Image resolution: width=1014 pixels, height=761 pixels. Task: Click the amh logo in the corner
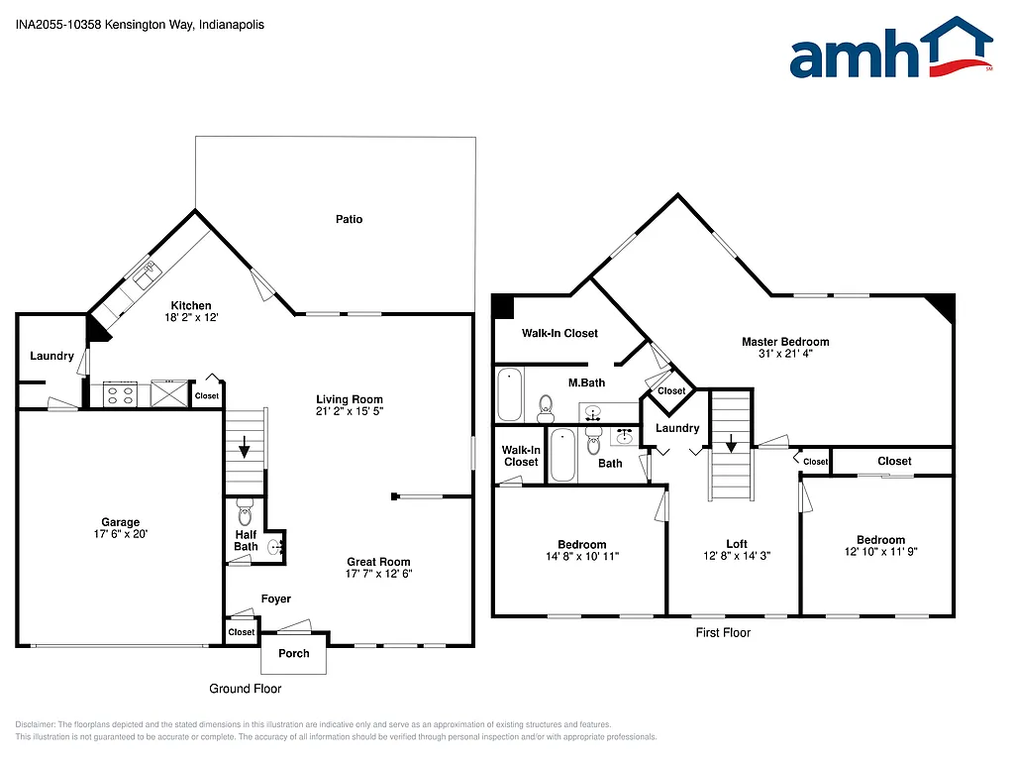[x=890, y=49]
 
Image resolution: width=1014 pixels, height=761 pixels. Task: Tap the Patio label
[x=349, y=219]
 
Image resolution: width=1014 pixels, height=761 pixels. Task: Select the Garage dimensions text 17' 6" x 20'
[x=121, y=534]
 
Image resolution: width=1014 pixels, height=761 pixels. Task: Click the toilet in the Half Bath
[x=245, y=514]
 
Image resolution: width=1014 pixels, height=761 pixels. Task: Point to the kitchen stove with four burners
[x=120, y=394]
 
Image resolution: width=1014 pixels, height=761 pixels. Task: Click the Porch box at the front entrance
[x=294, y=653]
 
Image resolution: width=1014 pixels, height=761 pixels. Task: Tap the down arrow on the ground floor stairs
[x=245, y=447]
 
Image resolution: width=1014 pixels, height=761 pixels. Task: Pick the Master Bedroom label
[x=785, y=342]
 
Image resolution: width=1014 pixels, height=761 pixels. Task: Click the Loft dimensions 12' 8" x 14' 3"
[x=736, y=556]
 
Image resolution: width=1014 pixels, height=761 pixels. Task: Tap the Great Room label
[x=378, y=561]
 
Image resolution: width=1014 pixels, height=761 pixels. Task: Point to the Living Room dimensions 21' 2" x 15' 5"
[x=349, y=410]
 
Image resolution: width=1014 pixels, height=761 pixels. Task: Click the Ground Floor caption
[x=245, y=689]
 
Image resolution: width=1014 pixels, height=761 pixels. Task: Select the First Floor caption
[x=723, y=632]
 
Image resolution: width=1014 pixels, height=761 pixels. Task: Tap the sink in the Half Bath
[x=274, y=544]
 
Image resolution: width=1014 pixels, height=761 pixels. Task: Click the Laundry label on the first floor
[x=677, y=428]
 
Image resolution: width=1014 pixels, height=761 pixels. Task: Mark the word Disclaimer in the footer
[x=37, y=724]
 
